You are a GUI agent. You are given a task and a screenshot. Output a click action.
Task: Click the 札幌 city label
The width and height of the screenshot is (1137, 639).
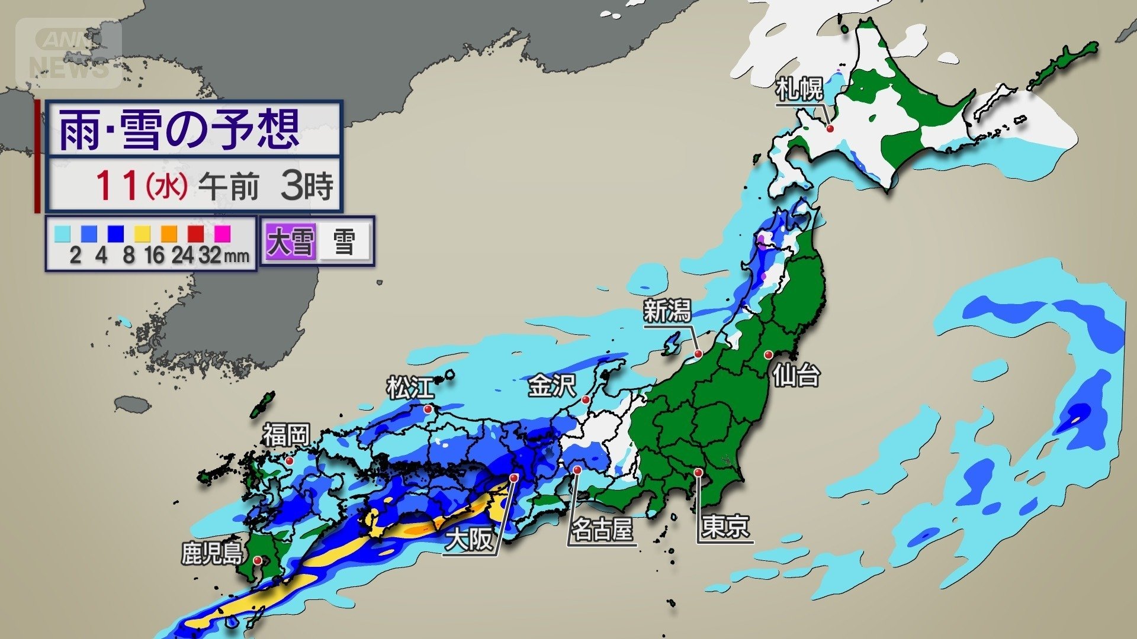coord(799,90)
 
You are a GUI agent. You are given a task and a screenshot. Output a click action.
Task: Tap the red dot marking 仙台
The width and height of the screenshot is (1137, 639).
coord(768,355)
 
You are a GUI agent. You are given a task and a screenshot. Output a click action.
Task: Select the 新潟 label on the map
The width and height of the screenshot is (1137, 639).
coord(667,311)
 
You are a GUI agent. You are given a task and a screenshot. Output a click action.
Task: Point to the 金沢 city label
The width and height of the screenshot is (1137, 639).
coord(552,386)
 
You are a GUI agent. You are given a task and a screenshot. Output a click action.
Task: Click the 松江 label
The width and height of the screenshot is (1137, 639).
coord(410,388)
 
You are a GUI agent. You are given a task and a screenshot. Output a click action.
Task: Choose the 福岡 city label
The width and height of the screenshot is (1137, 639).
coord(287,435)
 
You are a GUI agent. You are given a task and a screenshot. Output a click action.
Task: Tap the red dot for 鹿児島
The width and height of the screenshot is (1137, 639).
coord(257,560)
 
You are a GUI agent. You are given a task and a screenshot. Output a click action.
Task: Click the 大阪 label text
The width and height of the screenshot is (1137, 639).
coord(469,540)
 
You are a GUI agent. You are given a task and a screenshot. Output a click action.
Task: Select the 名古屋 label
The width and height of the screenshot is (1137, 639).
coord(601,530)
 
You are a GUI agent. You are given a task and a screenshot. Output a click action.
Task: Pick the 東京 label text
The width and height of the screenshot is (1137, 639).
coord(725,527)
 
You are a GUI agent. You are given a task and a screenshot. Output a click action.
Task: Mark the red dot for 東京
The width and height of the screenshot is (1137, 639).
coord(699,472)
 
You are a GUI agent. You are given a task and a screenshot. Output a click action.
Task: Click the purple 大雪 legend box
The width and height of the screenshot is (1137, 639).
coord(290,241)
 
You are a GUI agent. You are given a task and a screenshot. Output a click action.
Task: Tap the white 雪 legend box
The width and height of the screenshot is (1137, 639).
coord(345,241)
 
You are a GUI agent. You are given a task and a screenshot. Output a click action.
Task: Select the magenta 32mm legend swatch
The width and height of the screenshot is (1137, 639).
coord(222,234)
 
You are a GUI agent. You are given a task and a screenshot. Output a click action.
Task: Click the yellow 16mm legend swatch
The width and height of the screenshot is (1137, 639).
coord(142,234)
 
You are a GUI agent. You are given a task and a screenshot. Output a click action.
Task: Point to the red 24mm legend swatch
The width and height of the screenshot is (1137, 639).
coord(195,234)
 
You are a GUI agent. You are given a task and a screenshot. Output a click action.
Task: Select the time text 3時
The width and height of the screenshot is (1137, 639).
coord(307,186)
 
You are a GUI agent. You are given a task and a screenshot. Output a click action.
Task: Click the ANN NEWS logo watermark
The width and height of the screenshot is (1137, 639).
coord(69,53)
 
